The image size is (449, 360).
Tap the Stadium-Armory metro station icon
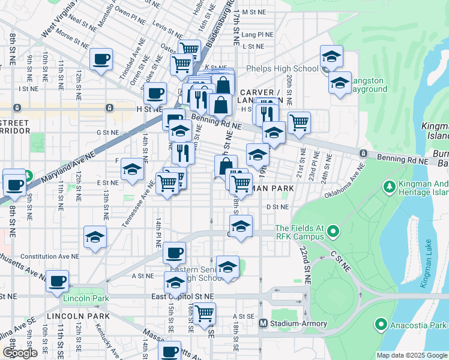[262, 323]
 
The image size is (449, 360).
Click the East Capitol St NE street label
[182, 296]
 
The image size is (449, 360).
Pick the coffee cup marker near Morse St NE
[101, 59]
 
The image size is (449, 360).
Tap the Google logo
[20, 353]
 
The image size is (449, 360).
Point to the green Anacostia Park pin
[380, 325]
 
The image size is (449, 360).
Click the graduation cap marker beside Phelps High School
[331, 56]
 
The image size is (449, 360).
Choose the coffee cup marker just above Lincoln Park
[58, 280]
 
